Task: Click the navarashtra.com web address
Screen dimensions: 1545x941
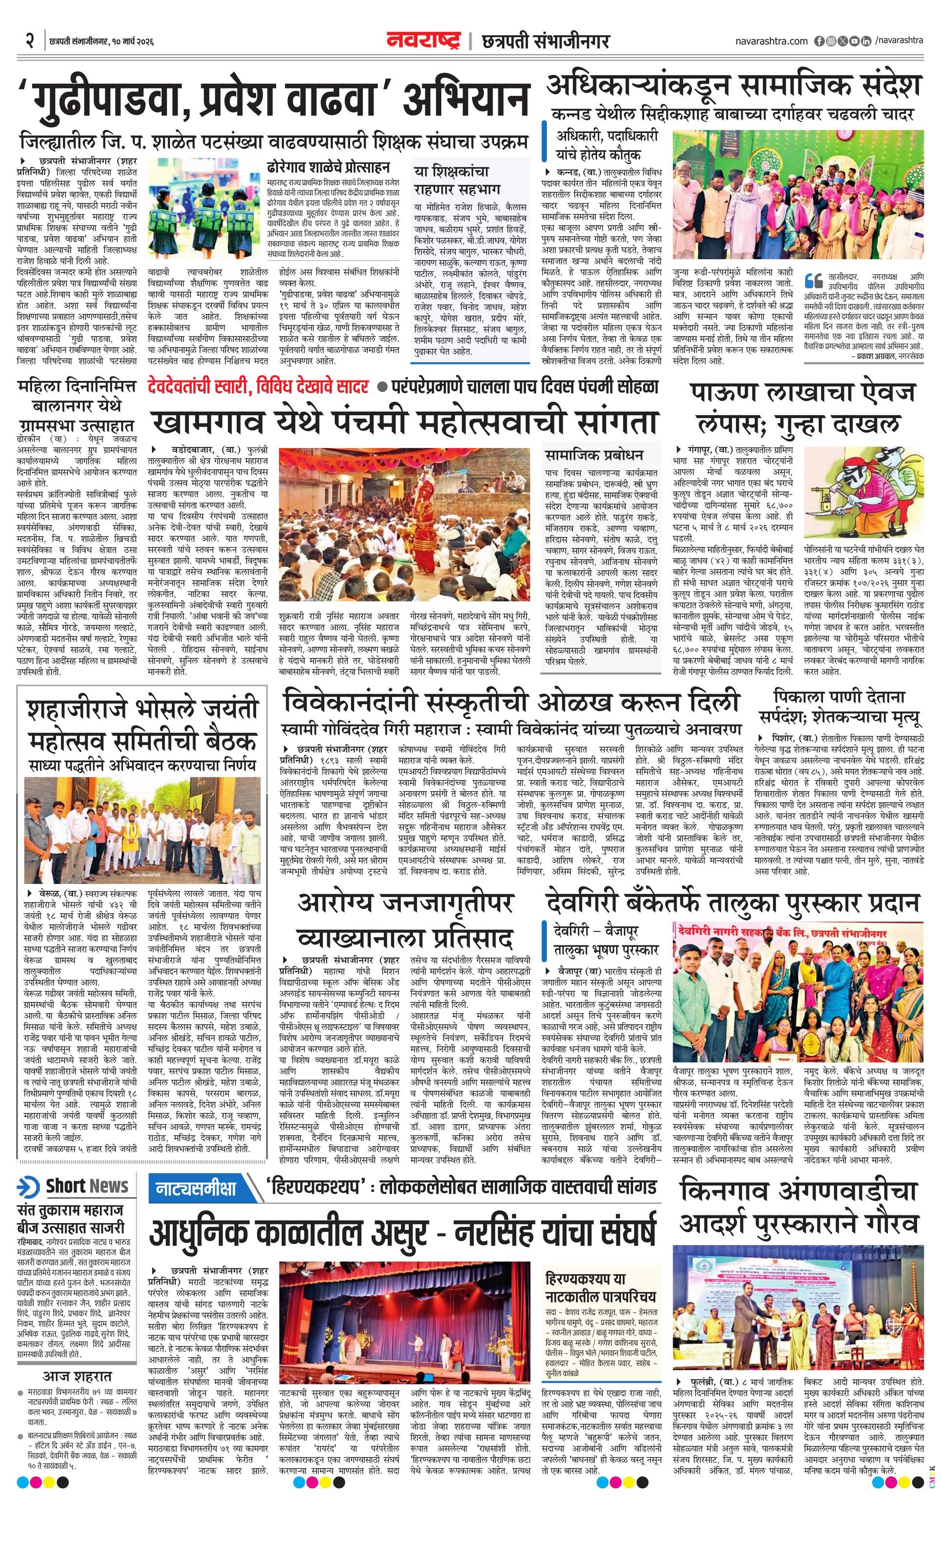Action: pyautogui.click(x=771, y=41)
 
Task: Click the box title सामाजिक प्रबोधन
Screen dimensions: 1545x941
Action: pyautogui.click(x=585, y=454)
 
